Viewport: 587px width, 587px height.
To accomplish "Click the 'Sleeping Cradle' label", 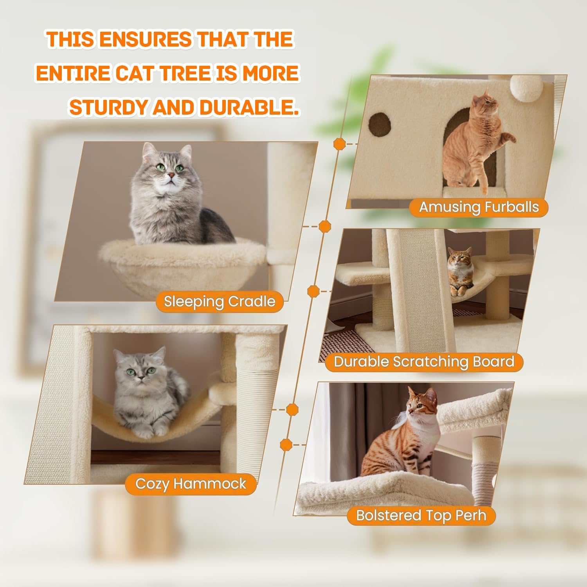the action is [219, 302].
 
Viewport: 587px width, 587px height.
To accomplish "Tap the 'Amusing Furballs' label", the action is [479, 207].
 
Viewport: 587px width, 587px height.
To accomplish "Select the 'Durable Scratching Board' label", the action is [424, 362].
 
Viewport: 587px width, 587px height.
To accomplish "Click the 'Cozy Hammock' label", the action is [191, 484].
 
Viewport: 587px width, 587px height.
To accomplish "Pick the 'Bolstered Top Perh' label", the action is [421, 515].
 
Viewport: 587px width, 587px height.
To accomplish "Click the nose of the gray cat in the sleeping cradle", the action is [171, 175].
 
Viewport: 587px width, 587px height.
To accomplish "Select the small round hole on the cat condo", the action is [380, 124].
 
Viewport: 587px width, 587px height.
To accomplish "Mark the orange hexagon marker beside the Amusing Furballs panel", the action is [339, 144].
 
